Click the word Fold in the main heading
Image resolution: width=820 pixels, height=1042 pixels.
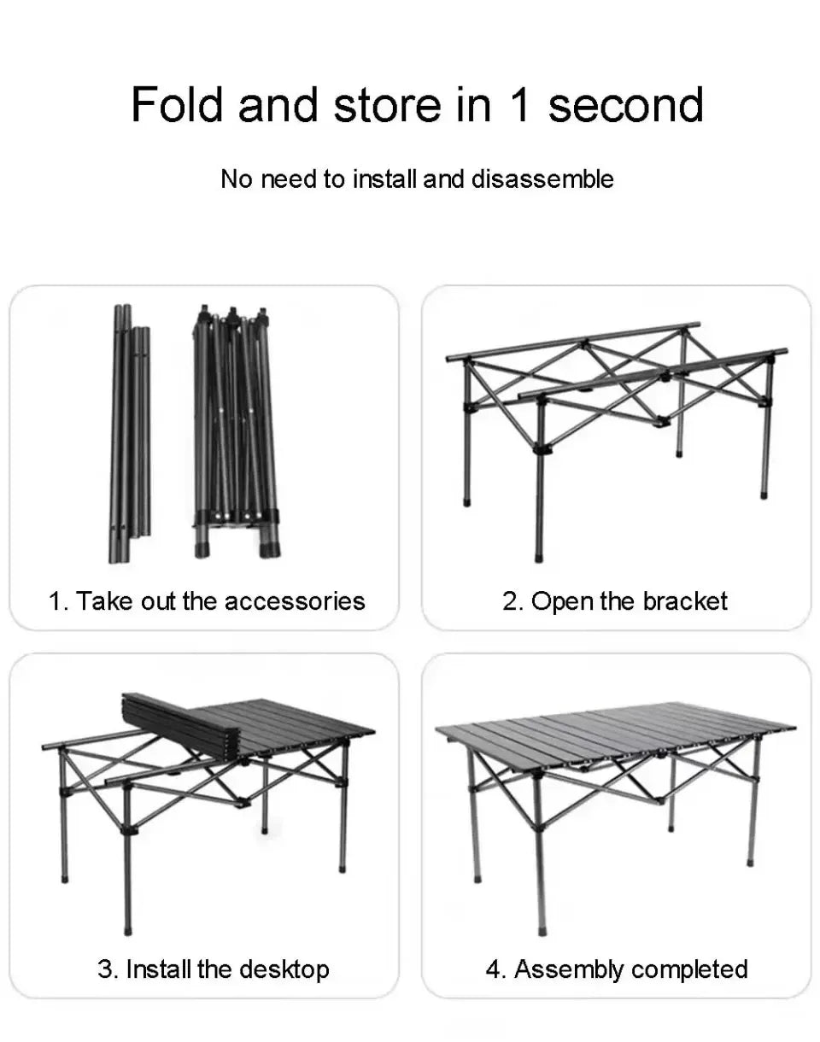pyautogui.click(x=177, y=104)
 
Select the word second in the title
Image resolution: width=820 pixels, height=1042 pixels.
pyautogui.click(x=625, y=104)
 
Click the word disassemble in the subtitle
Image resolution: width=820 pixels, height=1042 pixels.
pyautogui.click(x=542, y=179)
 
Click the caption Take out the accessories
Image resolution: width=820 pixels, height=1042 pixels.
pyautogui.click(x=207, y=600)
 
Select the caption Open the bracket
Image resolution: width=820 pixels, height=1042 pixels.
pyautogui.click(x=615, y=600)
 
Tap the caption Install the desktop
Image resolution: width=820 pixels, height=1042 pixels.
pyautogui.click(x=213, y=969)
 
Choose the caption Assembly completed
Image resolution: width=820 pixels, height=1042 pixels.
pyautogui.click(x=617, y=969)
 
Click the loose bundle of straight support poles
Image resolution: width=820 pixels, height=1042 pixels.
pyautogui.click(x=129, y=436)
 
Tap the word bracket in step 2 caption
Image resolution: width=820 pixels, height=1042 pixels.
pyautogui.click(x=685, y=600)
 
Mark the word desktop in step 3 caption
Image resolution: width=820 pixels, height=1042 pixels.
pyautogui.click(x=284, y=969)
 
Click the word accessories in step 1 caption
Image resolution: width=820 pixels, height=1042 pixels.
pyautogui.click(x=295, y=600)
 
